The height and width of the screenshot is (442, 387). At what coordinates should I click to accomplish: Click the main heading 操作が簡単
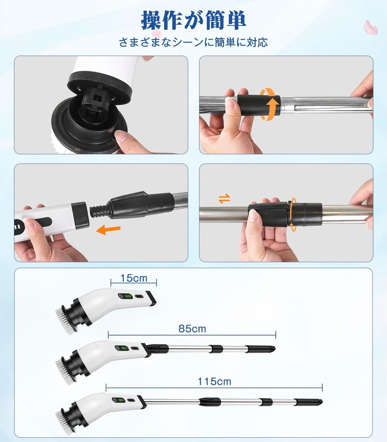click(193, 20)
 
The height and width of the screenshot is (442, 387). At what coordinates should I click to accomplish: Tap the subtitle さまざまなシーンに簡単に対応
click(193, 42)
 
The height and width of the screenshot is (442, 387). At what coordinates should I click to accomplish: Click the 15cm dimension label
click(134, 278)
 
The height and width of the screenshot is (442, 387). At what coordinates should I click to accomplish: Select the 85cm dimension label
click(192, 329)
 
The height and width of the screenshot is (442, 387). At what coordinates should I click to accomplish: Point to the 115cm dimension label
click(214, 381)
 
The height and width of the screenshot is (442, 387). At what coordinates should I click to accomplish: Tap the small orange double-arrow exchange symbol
click(224, 199)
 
